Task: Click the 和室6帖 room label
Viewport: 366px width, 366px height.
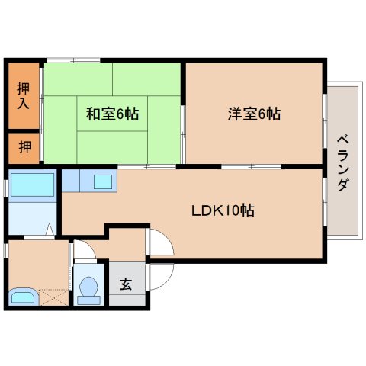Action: coord(112,114)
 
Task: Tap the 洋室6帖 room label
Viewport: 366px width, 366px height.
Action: coord(254,114)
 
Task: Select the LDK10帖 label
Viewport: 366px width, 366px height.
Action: coord(223,210)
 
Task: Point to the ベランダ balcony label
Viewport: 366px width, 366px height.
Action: coord(343,162)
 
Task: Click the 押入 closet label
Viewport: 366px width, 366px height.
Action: coord(23,95)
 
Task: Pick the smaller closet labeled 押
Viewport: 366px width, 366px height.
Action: coord(24,147)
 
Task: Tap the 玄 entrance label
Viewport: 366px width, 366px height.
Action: coord(126,284)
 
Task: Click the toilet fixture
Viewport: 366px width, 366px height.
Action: coord(88,291)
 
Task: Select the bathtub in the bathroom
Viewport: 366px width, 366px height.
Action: coord(32,185)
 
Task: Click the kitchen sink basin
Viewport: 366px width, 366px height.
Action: coord(103,181)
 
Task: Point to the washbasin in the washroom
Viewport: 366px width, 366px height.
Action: coord(23,297)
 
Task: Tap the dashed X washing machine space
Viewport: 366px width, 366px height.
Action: coord(54,297)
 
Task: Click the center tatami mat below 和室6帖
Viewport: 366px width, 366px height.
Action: coord(112,147)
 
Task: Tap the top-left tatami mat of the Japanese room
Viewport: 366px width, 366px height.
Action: coord(79,79)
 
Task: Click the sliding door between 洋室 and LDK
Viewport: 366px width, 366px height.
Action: coord(251,167)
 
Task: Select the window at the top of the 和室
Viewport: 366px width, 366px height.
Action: coord(73,60)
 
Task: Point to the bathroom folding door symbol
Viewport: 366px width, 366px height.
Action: coord(51,229)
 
